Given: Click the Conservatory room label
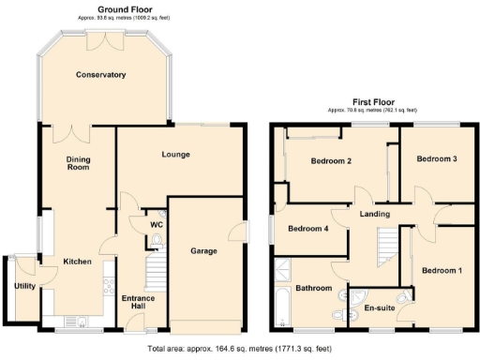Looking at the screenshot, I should (101, 75).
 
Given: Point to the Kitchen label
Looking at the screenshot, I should (77, 262).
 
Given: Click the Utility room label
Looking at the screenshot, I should (23, 287).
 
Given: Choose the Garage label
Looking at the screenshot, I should (204, 251).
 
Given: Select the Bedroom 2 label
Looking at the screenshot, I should (331, 161).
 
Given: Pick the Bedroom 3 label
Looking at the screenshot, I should (437, 159).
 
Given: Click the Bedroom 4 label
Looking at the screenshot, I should (308, 229).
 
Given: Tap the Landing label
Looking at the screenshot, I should (375, 215).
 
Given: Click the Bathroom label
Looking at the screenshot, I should (314, 289).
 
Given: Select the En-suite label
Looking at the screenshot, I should (380, 307).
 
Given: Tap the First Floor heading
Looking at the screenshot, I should (373, 102).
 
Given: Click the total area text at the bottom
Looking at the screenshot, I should (240, 349).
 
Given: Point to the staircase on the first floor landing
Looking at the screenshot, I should (385, 249).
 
